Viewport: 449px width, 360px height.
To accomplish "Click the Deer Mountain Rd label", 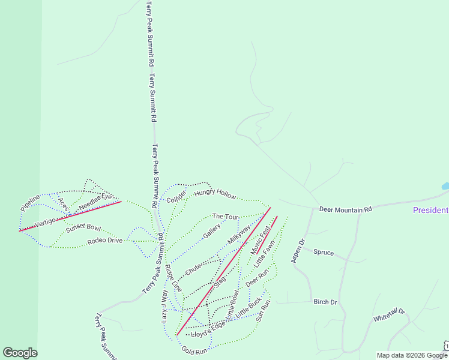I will [x=346, y=209].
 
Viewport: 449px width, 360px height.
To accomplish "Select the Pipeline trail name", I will [x=30, y=202].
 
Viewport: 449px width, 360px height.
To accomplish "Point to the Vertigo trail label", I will [x=45, y=223].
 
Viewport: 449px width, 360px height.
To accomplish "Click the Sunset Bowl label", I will [x=83, y=227].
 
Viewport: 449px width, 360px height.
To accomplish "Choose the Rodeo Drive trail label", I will [x=105, y=241].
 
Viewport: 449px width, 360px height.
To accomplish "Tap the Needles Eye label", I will [x=96, y=200].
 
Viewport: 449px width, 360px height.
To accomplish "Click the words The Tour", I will [x=226, y=216].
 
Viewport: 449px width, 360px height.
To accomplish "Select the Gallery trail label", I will [x=212, y=230].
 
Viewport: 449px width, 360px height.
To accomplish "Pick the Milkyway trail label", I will [x=239, y=234].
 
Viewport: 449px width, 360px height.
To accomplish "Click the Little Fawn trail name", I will [x=264, y=254].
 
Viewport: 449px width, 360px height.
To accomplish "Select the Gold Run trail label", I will [x=194, y=349].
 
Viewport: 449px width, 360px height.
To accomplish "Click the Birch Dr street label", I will [x=325, y=302].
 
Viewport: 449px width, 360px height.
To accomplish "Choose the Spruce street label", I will [x=324, y=253].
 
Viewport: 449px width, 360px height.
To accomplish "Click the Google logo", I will [x=20, y=353].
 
